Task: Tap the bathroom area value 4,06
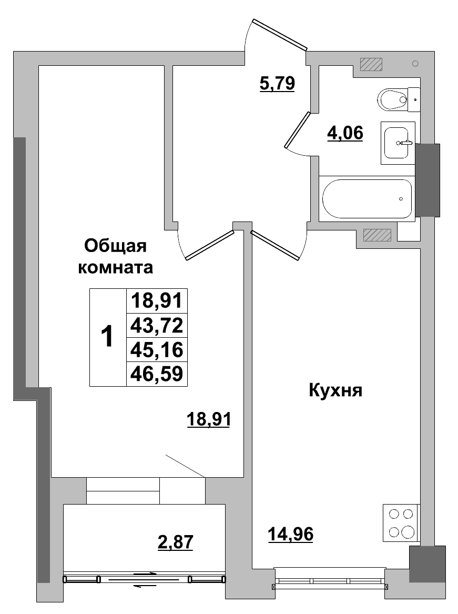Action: point(345,133)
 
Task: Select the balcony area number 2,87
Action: point(176,542)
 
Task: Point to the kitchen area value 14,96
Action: point(290,535)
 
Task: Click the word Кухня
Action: point(335,390)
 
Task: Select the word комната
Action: point(115,268)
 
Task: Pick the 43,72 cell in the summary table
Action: point(157,326)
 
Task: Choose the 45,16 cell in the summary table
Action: point(157,349)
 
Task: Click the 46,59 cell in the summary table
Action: point(157,374)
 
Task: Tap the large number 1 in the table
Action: point(107,337)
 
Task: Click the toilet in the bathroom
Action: point(394,99)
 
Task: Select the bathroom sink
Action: point(398,143)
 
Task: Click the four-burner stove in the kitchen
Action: point(400,522)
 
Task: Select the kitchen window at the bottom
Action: point(330,581)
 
